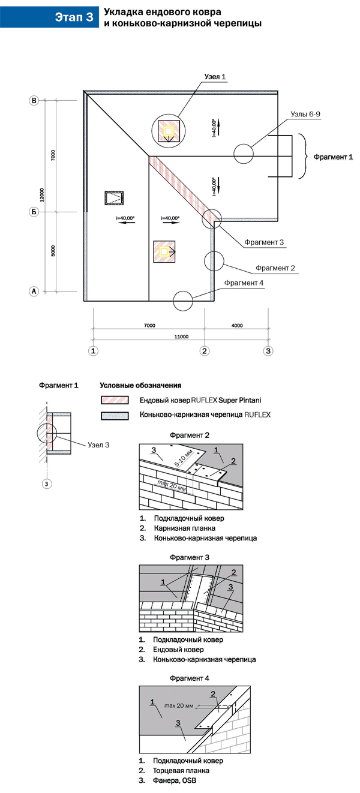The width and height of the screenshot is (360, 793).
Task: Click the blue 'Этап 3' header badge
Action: point(74,17)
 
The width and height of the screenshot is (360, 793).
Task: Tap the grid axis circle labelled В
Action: point(34,101)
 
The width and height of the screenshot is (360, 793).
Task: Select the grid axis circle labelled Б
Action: point(34,212)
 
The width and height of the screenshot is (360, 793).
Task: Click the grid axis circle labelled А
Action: point(34,292)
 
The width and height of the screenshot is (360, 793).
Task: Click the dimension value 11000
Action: point(181,337)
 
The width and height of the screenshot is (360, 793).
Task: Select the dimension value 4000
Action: point(236,325)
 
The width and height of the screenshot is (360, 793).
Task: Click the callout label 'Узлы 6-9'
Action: point(289,113)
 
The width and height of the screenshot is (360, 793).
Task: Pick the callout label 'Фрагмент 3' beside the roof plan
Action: point(264,242)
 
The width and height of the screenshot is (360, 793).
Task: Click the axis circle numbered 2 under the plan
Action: point(205,350)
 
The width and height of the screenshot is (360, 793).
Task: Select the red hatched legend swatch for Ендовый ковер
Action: point(116,399)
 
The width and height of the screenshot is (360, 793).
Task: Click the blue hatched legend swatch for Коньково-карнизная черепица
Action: point(116,414)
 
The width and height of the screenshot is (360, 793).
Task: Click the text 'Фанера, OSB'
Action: point(175,781)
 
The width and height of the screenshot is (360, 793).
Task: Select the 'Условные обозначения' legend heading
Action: point(140,385)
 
